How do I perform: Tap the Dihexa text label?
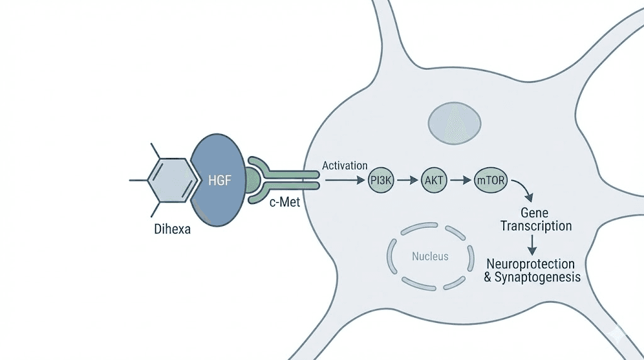(172, 230)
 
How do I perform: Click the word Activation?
(344, 166)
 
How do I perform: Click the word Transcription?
(536, 225)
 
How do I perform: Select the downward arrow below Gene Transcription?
(533, 245)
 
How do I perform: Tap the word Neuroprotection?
(533, 264)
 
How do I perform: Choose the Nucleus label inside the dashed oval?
(430, 256)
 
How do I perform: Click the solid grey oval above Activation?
(454, 121)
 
